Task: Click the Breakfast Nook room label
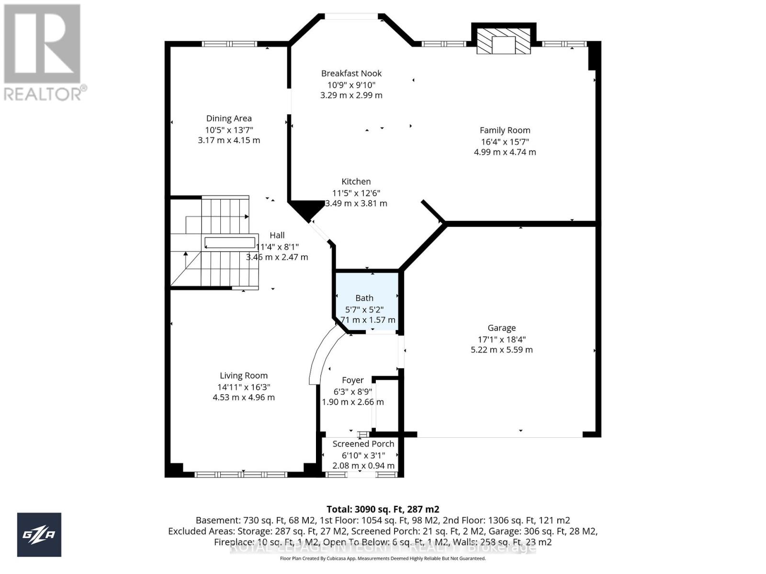click(x=351, y=73)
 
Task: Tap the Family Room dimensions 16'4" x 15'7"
click(x=505, y=142)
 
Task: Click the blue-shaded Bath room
click(x=367, y=301)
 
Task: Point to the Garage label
click(x=501, y=328)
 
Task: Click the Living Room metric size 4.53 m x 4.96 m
click(x=244, y=397)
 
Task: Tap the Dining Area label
click(x=229, y=118)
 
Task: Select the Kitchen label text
click(x=356, y=181)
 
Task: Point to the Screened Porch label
click(x=363, y=444)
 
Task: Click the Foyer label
click(x=353, y=380)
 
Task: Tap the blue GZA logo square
click(x=39, y=534)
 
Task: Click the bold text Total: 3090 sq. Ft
click(x=383, y=509)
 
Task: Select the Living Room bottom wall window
click(x=240, y=475)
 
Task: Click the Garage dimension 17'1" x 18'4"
click(x=501, y=339)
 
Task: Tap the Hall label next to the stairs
click(x=277, y=235)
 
